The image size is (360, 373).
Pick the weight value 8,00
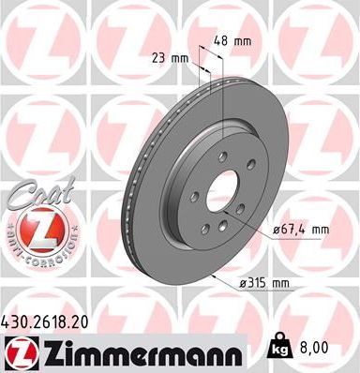coord(315,347)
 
